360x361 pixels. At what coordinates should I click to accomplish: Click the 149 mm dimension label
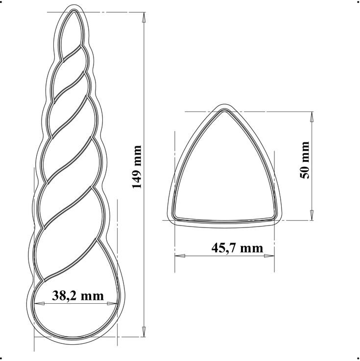coord(137,167)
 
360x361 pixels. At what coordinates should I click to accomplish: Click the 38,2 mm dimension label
coord(78,295)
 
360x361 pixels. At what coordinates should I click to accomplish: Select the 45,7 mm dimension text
coord(237,248)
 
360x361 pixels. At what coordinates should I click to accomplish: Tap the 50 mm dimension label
coord(305,160)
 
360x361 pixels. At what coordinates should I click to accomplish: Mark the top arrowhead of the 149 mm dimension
coord(144,18)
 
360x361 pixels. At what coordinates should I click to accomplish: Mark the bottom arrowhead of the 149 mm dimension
coord(144,332)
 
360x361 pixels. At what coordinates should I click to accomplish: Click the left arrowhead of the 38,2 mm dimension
coord(39,304)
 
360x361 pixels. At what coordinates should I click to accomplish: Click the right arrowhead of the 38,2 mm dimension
coord(112,304)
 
